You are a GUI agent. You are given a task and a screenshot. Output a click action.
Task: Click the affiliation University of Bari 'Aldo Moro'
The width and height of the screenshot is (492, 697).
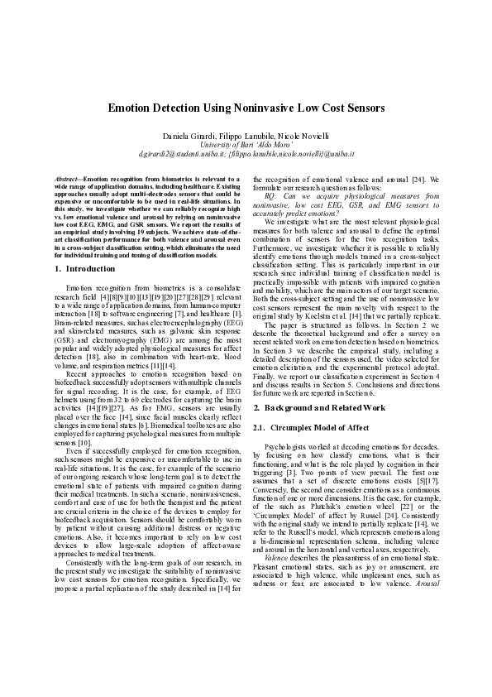pyautogui.click(x=246, y=144)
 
